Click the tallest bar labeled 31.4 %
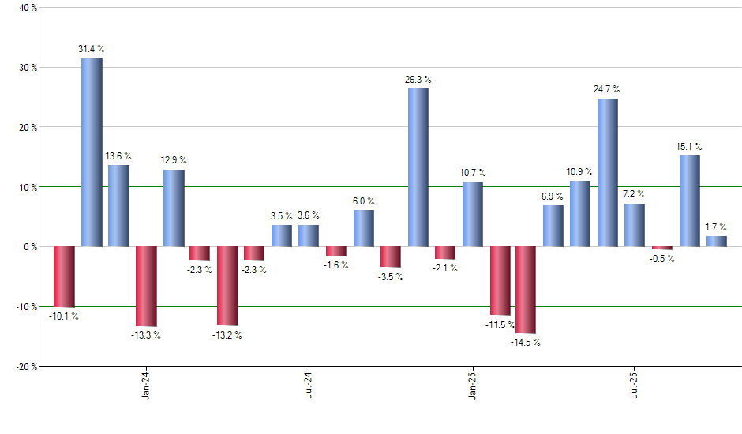point(92,152)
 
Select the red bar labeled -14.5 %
point(526,290)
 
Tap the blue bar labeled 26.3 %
point(418,167)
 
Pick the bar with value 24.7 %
point(608,172)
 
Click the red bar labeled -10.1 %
point(64,276)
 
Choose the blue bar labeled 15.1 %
point(690,201)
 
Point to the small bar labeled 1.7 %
point(717,241)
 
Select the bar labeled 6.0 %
point(364,228)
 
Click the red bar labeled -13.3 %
point(146,286)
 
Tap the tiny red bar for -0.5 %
point(662,249)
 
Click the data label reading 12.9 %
point(174,160)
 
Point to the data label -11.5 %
point(499,324)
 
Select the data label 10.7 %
point(473,173)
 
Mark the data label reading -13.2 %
point(227,335)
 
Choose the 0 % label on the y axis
point(28,247)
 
